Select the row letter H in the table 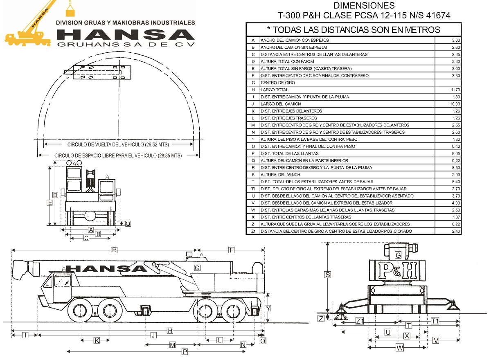click(253, 90)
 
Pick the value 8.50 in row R click(455, 168)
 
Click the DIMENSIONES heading click(364, 6)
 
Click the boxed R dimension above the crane click(115, 250)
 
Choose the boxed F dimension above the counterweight click(232, 250)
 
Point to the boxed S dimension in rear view click(327, 275)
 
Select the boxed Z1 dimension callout click(360, 321)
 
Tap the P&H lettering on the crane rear click(397, 270)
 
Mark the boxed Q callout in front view click(128, 224)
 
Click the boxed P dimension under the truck click(185, 351)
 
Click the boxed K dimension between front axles click(97, 340)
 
